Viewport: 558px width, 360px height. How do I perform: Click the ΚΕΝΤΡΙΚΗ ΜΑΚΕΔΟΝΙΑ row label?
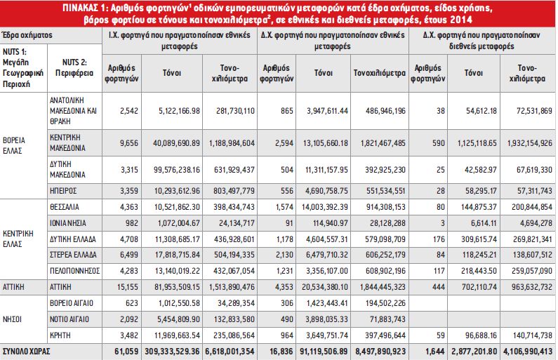[67, 142]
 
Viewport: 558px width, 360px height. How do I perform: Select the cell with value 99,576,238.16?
[177, 170]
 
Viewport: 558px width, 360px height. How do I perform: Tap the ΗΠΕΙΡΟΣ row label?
[63, 191]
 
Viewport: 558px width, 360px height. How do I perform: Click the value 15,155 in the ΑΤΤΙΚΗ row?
[127, 287]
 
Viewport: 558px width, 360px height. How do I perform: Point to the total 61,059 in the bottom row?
[126, 352]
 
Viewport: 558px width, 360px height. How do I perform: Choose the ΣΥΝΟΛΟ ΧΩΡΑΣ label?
[27, 352]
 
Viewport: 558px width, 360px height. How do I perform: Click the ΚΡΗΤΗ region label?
[60, 335]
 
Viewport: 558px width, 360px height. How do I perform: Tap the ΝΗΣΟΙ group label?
[12, 319]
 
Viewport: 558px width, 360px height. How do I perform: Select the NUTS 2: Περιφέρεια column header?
[74, 67]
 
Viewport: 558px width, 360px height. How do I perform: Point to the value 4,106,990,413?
[528, 352]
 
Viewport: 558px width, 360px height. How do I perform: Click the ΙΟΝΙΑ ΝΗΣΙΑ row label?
[68, 223]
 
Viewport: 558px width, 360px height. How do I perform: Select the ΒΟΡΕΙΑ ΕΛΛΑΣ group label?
[14, 145]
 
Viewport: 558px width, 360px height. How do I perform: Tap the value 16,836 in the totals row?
[281, 352]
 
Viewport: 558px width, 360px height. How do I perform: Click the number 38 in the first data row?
[441, 111]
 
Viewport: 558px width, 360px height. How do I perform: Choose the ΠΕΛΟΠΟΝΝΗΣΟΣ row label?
[74, 271]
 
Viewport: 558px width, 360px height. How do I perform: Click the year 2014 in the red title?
[461, 20]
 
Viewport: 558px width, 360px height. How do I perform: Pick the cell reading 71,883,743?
[387, 319]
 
